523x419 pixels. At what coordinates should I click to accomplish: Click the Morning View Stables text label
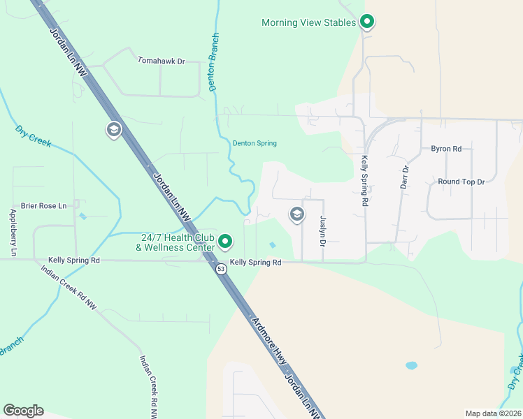[308, 22]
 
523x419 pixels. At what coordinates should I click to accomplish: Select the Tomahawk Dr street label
[161, 61]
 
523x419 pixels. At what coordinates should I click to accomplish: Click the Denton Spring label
[255, 143]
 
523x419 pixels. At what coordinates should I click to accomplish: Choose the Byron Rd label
[446, 149]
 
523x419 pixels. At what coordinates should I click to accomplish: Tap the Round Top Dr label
[461, 182]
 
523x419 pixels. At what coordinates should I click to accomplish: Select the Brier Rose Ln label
[43, 205]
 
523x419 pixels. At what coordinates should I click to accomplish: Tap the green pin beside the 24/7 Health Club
[225, 242]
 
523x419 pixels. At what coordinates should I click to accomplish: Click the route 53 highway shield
[221, 270]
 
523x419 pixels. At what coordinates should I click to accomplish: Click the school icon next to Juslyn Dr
[296, 214]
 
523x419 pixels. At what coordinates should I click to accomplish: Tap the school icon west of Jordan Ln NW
[113, 130]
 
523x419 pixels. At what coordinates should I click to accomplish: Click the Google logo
[23, 411]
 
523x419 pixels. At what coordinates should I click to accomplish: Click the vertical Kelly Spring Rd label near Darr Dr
[364, 181]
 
